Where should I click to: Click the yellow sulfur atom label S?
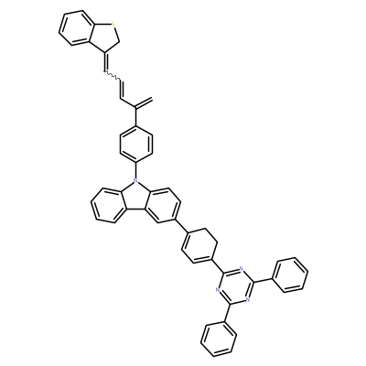pos(113,24)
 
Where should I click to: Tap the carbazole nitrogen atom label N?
pos(135,182)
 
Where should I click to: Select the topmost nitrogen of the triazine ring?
pos(242,269)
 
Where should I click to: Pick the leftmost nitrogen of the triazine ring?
pos(217,290)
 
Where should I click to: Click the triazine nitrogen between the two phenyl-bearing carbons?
pos(248,299)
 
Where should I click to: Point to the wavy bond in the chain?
pos(112,76)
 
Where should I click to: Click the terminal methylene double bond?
pos(144,102)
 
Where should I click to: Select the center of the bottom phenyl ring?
pos(219,339)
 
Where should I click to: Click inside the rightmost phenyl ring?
pos(290,275)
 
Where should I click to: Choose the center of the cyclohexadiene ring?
pos(199,246)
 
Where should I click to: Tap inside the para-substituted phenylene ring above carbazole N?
pos(135,144)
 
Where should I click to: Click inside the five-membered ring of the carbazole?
pos(135,197)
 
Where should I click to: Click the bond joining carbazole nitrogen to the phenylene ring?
pos(135,171)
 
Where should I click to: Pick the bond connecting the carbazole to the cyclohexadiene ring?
pos(180,226)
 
